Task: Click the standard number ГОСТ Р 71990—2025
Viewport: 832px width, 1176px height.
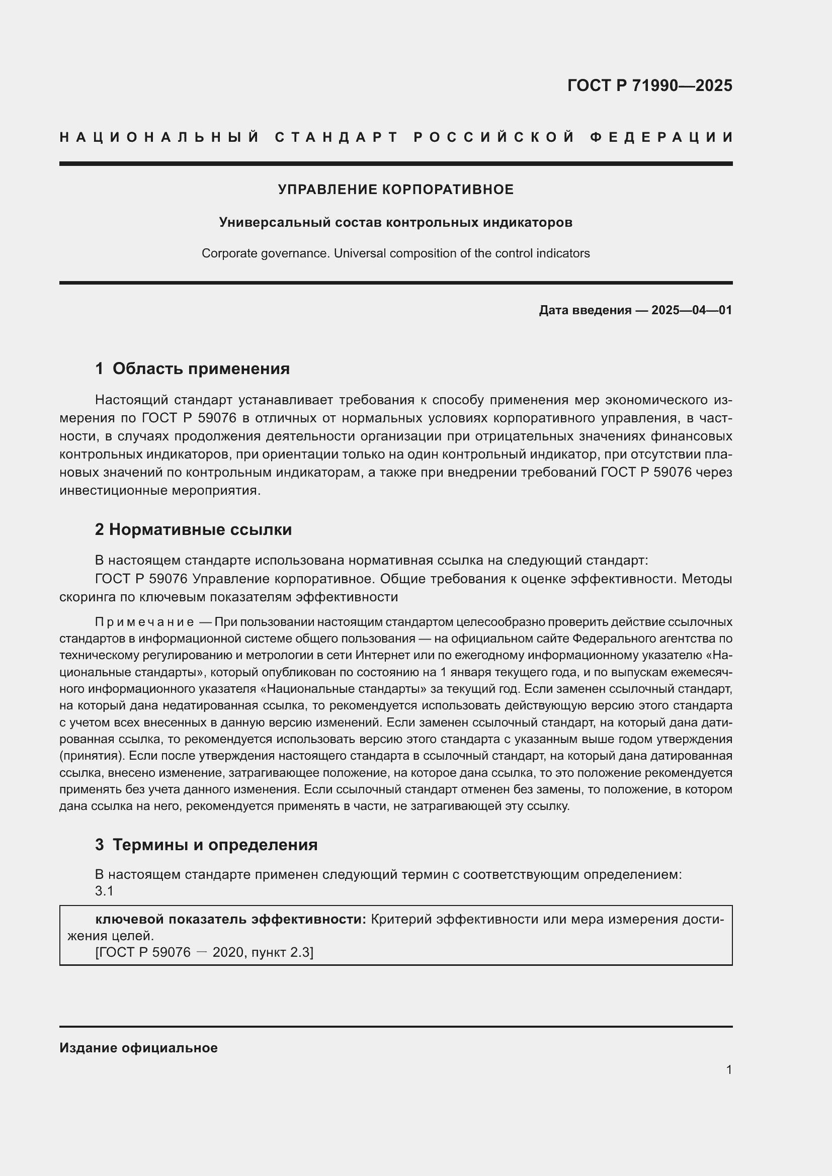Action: pyautogui.click(x=649, y=85)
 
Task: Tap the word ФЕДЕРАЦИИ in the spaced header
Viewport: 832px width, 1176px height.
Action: pyautogui.click(x=661, y=137)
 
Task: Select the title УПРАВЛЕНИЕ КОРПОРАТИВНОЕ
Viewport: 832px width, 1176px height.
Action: pyautogui.click(x=395, y=190)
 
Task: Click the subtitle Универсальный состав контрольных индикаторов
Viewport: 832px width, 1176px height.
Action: pyautogui.click(x=395, y=222)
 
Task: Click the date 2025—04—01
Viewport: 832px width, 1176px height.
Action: pyautogui.click(x=692, y=310)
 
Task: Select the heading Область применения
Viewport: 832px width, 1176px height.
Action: pyautogui.click(x=201, y=369)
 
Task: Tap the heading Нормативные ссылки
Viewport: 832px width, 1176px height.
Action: pyautogui.click(x=200, y=529)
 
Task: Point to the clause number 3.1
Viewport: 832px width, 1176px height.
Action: pyautogui.click(x=104, y=891)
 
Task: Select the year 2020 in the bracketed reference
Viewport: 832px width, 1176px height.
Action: pyautogui.click(x=227, y=952)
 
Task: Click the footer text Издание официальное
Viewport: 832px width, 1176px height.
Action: pyautogui.click(x=138, y=1048)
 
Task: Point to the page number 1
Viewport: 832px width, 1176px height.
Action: pyautogui.click(x=729, y=1070)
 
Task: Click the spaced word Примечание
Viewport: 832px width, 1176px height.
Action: pyautogui.click(x=144, y=622)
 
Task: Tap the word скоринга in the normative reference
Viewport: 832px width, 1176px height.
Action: pyautogui.click(x=88, y=597)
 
